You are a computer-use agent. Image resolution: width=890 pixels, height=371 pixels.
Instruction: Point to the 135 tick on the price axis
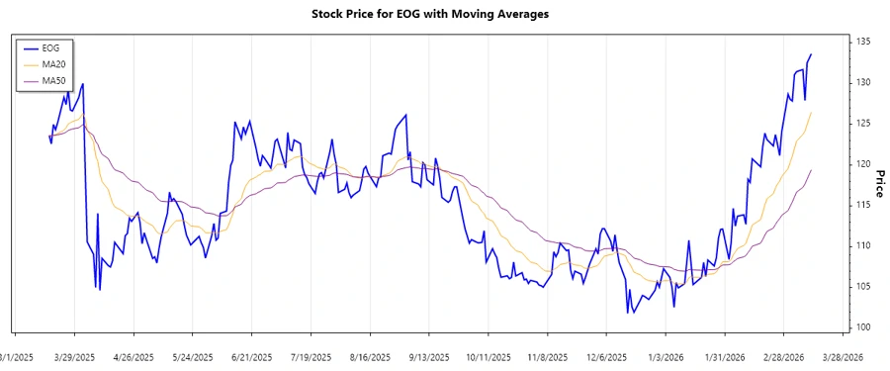click(862, 42)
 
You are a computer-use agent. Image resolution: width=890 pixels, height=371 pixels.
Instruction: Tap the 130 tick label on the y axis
click(862, 82)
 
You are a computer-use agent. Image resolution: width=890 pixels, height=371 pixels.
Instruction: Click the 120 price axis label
click(862, 164)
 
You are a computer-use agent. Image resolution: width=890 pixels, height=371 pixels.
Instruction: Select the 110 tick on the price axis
click(862, 245)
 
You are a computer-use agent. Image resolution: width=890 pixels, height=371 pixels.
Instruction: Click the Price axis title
click(879, 184)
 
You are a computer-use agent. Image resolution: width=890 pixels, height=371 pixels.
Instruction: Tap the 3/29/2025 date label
click(74, 357)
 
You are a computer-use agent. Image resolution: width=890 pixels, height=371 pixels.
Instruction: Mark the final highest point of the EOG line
click(812, 54)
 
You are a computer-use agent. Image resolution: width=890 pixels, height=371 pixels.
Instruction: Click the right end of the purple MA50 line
click(812, 170)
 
